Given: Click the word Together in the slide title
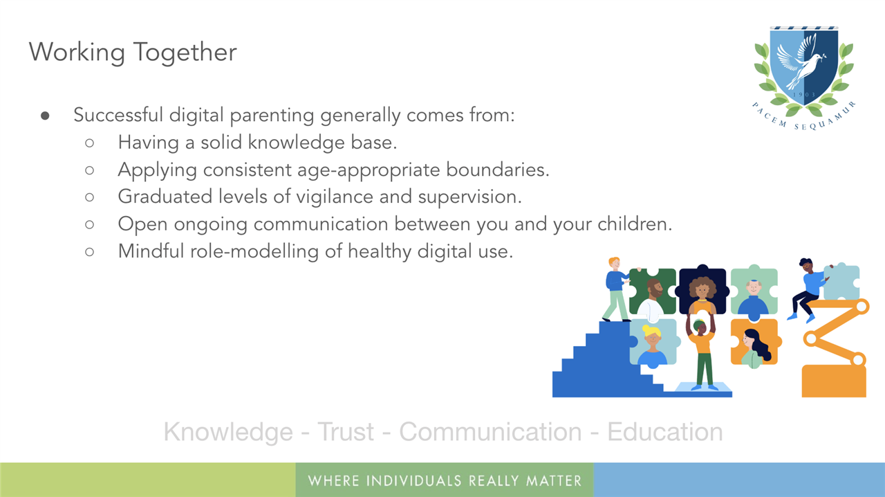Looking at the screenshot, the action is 185,52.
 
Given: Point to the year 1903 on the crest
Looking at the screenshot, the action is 804,95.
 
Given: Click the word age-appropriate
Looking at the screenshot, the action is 369,170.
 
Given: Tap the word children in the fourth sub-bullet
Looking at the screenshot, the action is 635,224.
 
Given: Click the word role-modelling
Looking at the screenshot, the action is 254,251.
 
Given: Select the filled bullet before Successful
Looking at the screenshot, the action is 45,116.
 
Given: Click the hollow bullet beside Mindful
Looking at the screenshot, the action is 90,252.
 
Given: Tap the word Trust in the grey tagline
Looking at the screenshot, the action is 346,431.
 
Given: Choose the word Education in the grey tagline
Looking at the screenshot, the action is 665,431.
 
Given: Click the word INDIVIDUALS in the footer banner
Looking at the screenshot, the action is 413,481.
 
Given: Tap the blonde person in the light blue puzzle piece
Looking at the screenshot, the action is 652,344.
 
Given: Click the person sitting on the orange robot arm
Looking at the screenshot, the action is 808,289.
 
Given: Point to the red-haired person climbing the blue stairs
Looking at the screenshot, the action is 617,289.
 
